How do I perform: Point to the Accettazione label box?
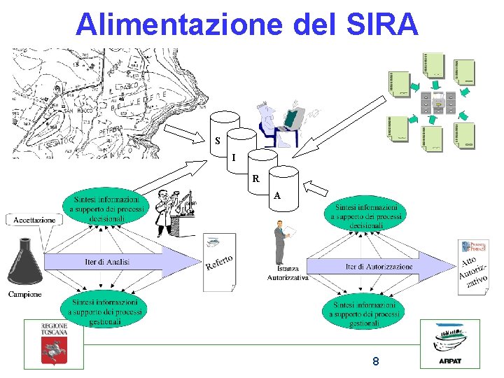point(34,220)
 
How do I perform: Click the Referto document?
point(219,263)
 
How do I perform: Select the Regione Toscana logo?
point(54,344)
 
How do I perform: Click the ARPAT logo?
point(449,344)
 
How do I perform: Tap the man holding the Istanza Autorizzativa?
point(281,241)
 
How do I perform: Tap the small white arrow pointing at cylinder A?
point(318,188)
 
